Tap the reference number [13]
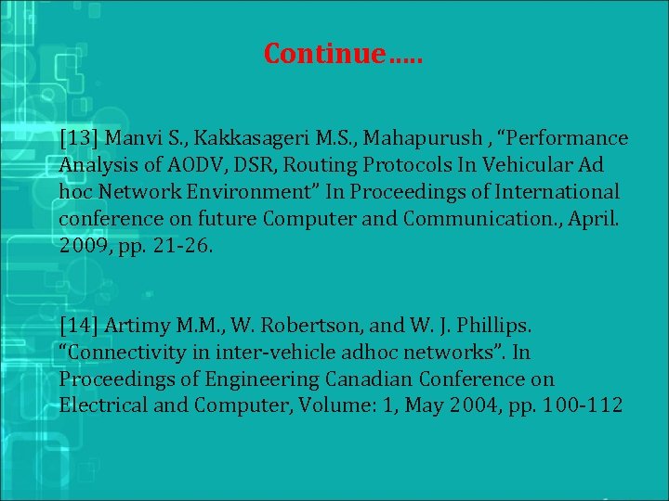point(79,138)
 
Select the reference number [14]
point(79,326)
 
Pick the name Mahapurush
point(414,138)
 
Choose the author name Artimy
point(138,326)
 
